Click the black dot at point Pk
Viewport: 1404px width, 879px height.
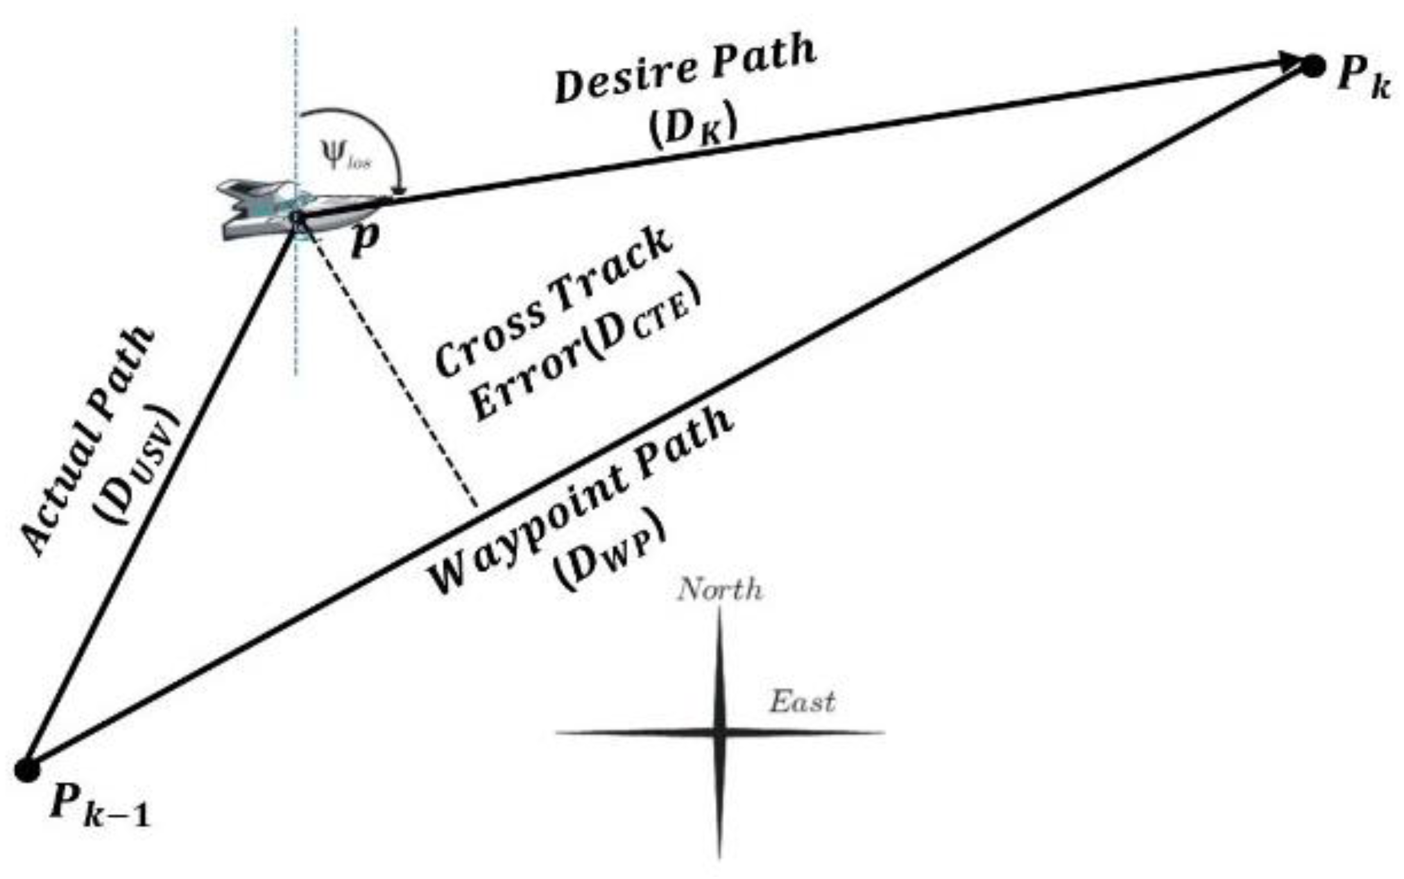pyautogui.click(x=1313, y=66)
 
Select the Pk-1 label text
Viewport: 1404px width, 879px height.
pyautogui.click(x=99, y=806)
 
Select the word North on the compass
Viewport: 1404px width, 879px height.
pyautogui.click(x=720, y=589)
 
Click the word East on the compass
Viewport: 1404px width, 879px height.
pyautogui.click(x=802, y=702)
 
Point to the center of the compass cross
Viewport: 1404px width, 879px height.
pyautogui.click(x=719, y=731)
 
